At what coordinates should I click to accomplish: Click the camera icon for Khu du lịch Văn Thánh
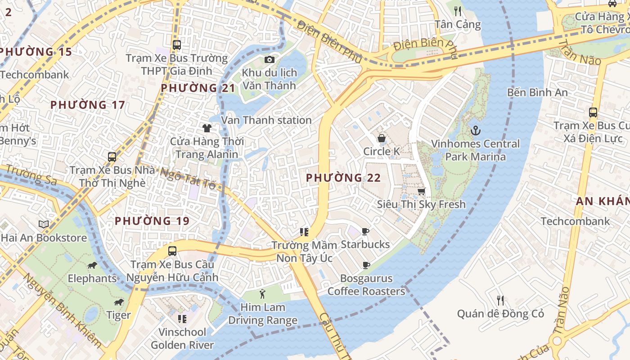pyautogui.click(x=269, y=59)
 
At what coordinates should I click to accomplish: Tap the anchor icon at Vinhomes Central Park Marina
pyautogui.click(x=475, y=130)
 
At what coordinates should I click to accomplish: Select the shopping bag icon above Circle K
pyautogui.click(x=381, y=138)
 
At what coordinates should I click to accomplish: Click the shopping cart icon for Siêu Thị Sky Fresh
pyautogui.click(x=421, y=191)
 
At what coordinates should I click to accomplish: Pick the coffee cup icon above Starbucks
pyautogui.click(x=365, y=232)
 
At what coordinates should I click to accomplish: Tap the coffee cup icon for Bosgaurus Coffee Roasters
pyautogui.click(x=366, y=265)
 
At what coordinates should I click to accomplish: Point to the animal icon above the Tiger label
pyautogui.click(x=119, y=302)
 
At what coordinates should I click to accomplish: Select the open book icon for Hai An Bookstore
pyautogui.click(x=43, y=224)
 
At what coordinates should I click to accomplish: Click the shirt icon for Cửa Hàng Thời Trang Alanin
pyautogui.click(x=207, y=128)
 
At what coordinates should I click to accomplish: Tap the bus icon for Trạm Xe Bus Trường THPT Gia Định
pyautogui.click(x=176, y=45)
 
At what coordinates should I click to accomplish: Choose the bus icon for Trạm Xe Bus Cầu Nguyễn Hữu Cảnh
pyautogui.click(x=172, y=251)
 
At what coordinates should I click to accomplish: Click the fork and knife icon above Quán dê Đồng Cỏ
pyautogui.click(x=500, y=300)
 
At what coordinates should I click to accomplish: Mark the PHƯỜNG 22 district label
pyautogui.click(x=343, y=178)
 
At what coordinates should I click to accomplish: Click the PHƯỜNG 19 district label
pyautogui.click(x=152, y=221)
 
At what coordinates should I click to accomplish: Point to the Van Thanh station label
pyautogui.click(x=266, y=120)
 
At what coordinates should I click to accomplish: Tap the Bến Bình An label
pyautogui.click(x=537, y=92)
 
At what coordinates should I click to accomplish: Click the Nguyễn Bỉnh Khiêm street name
pyautogui.click(x=62, y=310)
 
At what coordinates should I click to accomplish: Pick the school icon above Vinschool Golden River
pyautogui.click(x=182, y=319)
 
